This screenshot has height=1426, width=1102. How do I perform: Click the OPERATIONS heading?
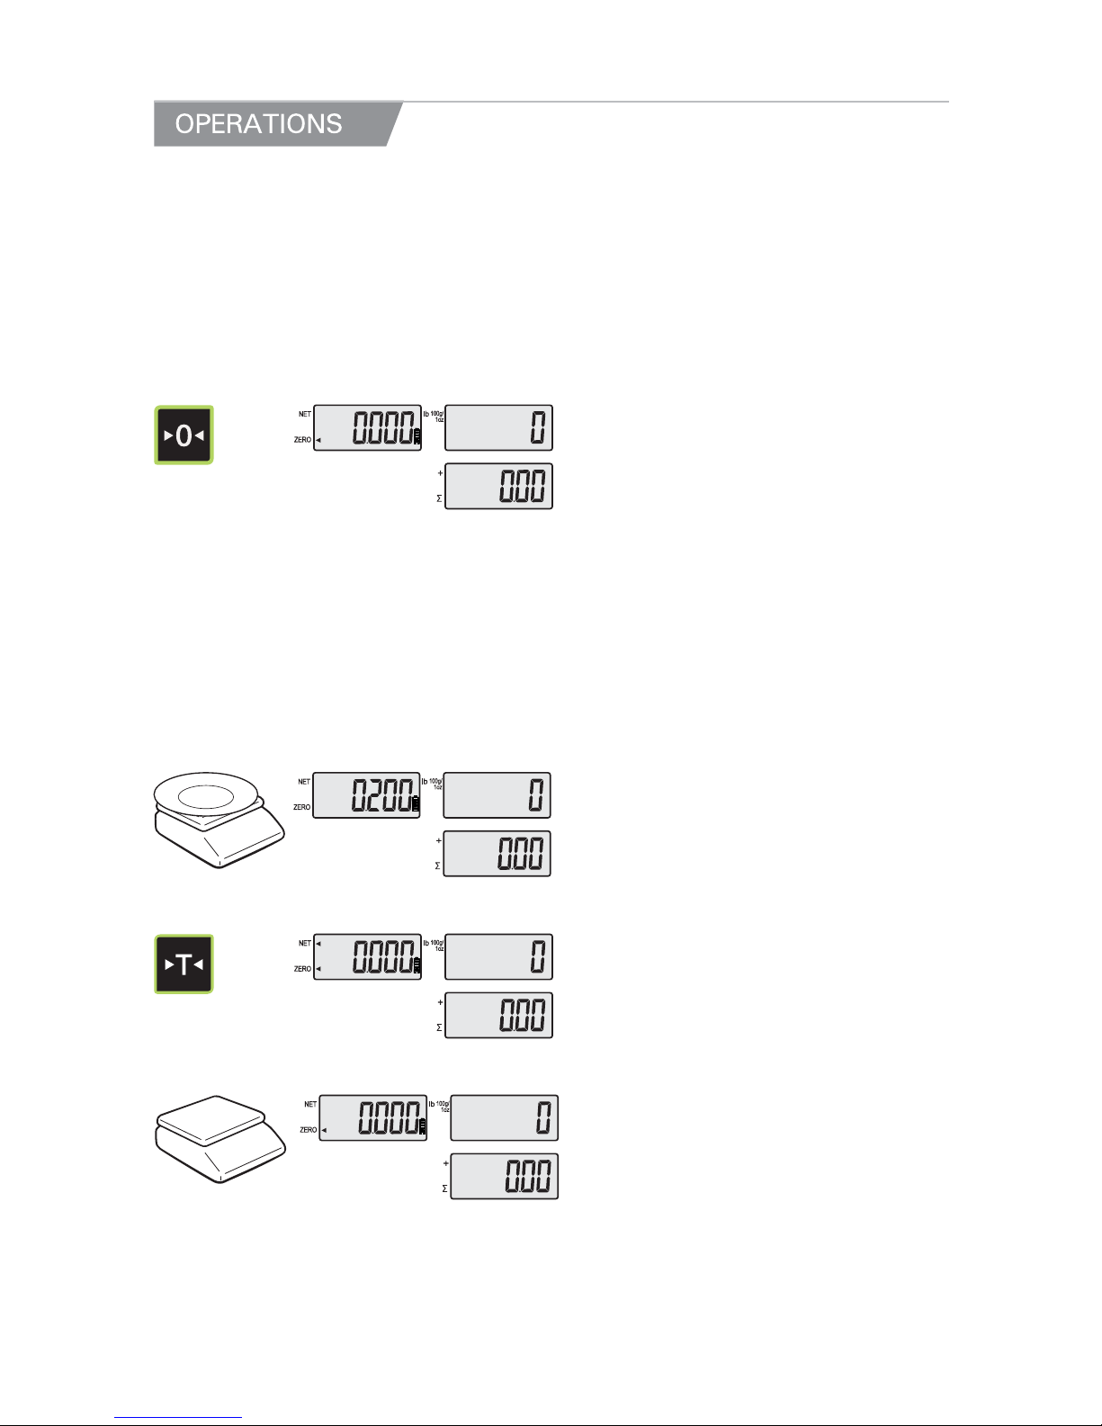pos(258,124)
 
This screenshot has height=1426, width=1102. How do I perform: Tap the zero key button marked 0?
pos(184,435)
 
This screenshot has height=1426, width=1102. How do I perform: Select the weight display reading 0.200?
pos(366,795)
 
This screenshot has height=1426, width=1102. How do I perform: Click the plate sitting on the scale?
pos(206,795)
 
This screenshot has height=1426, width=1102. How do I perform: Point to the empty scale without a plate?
pos(220,1139)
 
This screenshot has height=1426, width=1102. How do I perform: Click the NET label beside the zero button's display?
pos(305,414)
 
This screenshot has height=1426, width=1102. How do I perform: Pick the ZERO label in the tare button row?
pos(302,969)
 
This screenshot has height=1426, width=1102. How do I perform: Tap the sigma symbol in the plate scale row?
pos(437,866)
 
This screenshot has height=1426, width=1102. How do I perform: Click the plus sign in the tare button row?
pos(440,1002)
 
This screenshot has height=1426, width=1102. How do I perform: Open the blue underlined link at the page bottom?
pos(178,1417)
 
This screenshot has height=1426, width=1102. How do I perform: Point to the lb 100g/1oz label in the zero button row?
pos(434,417)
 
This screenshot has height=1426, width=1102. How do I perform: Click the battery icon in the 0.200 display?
pos(416,803)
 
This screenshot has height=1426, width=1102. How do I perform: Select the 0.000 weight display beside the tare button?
pos(367,956)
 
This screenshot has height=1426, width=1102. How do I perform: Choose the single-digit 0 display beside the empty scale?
pos(505,1117)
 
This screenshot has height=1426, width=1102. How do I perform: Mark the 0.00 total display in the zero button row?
pos(498,486)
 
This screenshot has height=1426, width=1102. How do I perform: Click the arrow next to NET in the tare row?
pos(318,944)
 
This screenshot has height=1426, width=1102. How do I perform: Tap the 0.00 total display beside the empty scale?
pos(505,1176)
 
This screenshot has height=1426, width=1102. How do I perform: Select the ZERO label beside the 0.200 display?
pos(301,807)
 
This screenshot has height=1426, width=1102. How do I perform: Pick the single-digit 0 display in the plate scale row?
pos(497,795)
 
